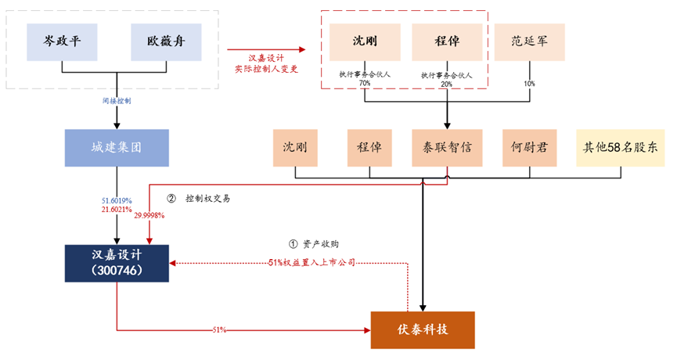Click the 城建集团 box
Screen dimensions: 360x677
[x=117, y=146]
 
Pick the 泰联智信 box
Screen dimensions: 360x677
[x=446, y=146]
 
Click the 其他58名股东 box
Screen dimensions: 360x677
[x=619, y=146]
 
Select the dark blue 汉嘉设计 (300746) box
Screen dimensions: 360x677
[x=117, y=264]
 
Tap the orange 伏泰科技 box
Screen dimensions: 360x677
[x=423, y=329]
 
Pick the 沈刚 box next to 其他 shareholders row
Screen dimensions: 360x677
[x=296, y=146]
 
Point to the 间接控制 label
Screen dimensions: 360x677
[x=117, y=102]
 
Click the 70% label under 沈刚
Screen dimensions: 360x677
[x=365, y=83]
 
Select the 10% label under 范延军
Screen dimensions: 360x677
[x=530, y=83]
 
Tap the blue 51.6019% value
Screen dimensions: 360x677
[x=117, y=200]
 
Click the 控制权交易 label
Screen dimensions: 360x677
[x=207, y=199]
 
